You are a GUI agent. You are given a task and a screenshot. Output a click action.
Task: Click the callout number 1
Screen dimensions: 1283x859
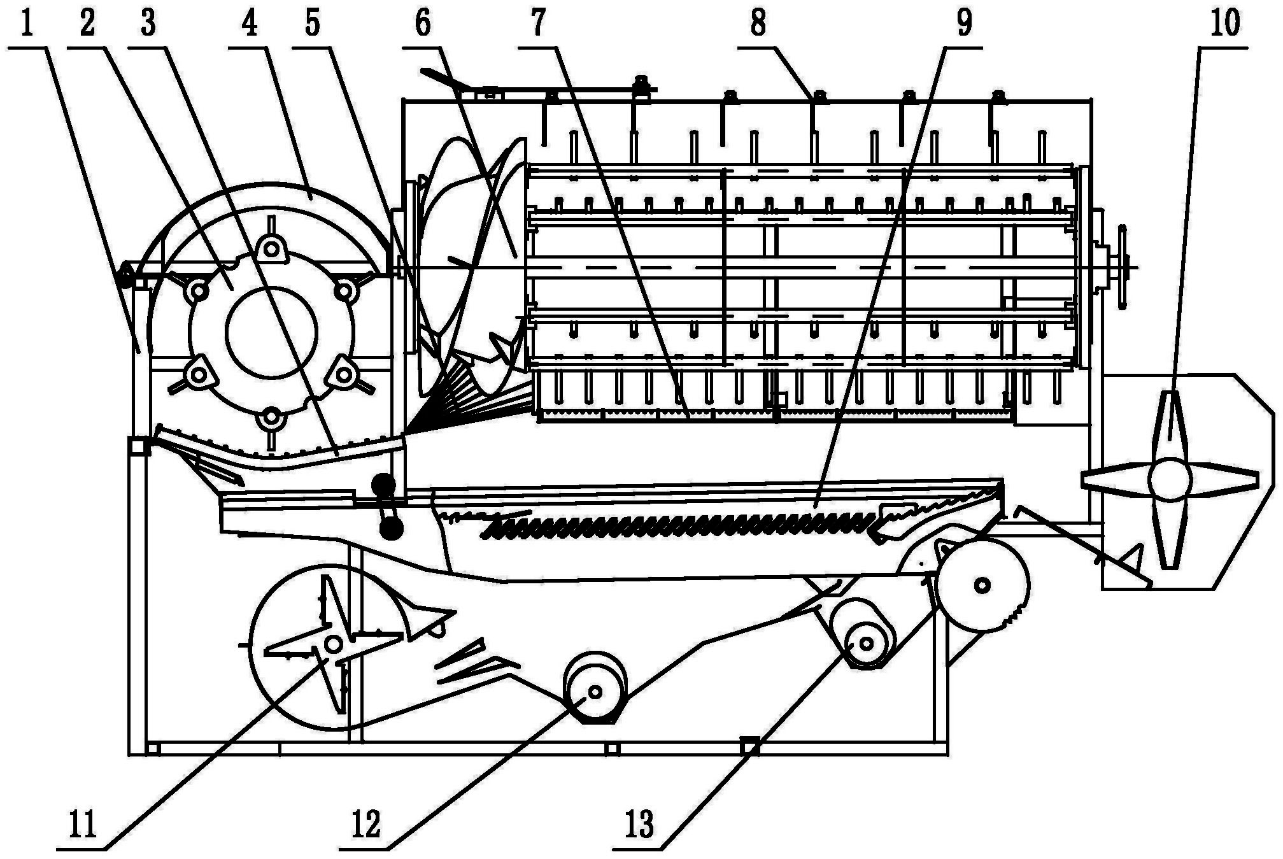click(26, 24)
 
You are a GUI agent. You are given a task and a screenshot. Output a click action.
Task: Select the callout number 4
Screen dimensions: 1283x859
click(250, 24)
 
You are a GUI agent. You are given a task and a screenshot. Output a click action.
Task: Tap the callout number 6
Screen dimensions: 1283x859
click(422, 24)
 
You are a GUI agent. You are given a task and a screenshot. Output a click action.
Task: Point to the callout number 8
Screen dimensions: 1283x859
click(758, 24)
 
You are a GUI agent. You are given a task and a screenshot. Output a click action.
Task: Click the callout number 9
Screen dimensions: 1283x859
click(965, 24)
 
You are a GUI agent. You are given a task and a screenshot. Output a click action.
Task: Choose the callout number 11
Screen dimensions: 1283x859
click(83, 825)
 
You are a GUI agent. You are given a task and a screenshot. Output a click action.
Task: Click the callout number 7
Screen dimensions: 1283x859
click(539, 24)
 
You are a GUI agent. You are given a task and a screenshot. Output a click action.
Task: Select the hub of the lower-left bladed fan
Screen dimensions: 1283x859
click(333, 644)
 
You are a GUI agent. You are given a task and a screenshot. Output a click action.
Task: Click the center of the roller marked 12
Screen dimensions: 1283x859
click(595, 692)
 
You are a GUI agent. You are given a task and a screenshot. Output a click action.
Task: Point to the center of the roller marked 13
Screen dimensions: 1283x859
click(866, 643)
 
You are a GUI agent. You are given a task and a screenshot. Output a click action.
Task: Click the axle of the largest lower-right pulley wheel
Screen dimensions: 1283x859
click(982, 585)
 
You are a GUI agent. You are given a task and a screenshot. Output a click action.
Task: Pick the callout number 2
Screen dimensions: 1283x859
click(87, 24)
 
